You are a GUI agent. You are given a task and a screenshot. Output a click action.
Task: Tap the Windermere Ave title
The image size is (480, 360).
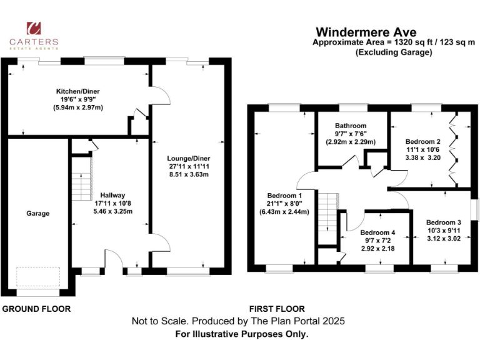(366, 31)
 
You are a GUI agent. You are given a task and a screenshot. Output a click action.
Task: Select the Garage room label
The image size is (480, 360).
(37, 213)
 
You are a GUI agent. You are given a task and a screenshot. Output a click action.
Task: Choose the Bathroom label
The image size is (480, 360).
(350, 126)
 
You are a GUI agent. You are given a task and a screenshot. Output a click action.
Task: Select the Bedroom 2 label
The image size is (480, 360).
(422, 141)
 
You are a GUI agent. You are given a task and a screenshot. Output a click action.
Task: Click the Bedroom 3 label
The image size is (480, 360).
(443, 222)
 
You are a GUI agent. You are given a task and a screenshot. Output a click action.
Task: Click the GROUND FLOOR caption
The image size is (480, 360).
(36, 309)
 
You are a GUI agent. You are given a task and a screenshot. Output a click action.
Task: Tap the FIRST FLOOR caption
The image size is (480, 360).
(277, 309)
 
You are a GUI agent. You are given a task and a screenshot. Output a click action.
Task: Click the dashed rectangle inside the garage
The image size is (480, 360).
(38, 277)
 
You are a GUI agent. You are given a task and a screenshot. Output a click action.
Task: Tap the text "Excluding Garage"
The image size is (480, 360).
(394, 52)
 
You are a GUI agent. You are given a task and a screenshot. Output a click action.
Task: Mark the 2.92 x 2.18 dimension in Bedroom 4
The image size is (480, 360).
(377, 248)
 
